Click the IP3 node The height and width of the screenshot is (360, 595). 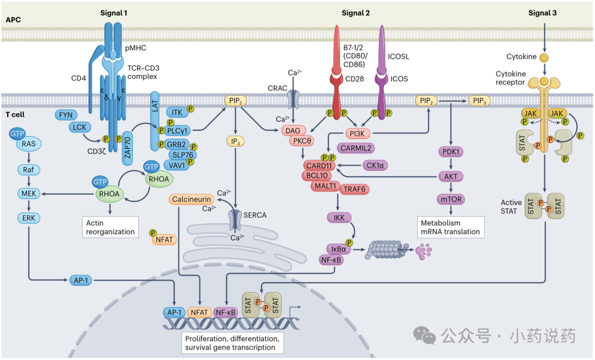pyautogui.click(x=236, y=141)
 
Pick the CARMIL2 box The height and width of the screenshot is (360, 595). pyautogui.click(x=355, y=147)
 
